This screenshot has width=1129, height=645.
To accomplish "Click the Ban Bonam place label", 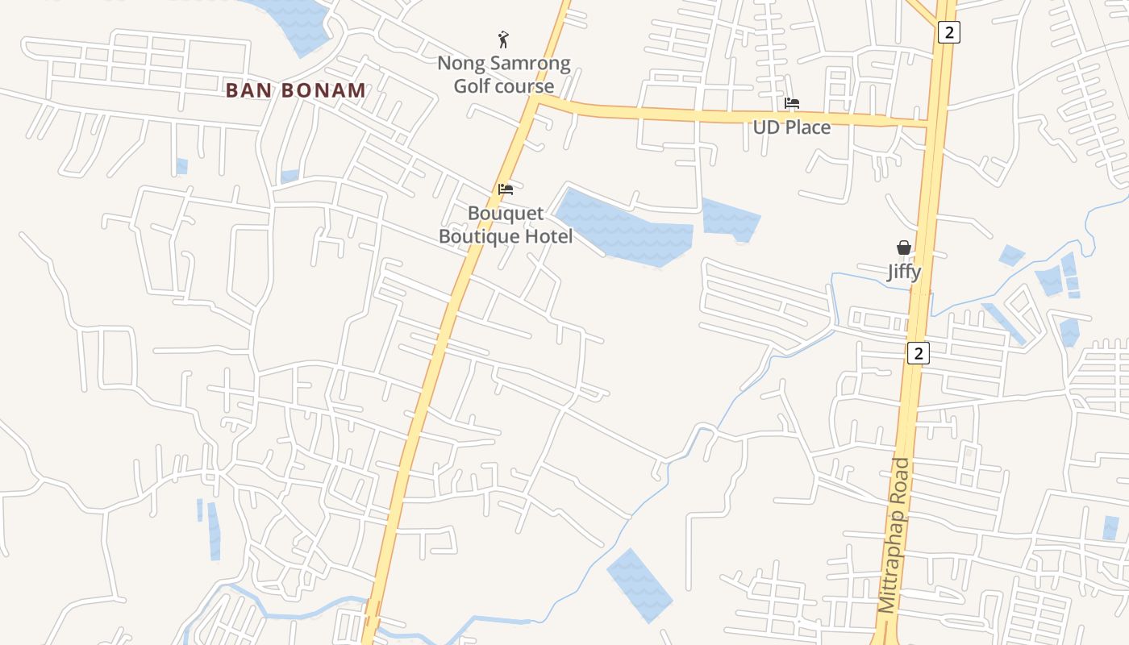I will pos(296,90).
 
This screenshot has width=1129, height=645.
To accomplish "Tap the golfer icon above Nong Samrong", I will pos(504,39).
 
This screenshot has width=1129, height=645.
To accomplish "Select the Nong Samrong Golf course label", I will pos(504,74).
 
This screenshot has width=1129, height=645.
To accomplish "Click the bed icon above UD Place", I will pos(792,103).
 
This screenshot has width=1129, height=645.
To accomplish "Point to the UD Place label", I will pos(792,127).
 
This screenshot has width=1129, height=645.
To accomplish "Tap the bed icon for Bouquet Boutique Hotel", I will pos(506,189).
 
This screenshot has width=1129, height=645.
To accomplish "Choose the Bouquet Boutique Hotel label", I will pos(506,225).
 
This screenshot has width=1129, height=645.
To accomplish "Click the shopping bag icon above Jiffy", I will pos(904,248).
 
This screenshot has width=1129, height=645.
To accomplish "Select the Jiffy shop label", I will pos(904,271).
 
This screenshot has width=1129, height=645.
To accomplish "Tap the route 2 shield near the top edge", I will pos(948,32).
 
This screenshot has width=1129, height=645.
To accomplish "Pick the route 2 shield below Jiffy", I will pos(917,352).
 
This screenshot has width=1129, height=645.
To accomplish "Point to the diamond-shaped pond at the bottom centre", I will pos(639,585).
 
